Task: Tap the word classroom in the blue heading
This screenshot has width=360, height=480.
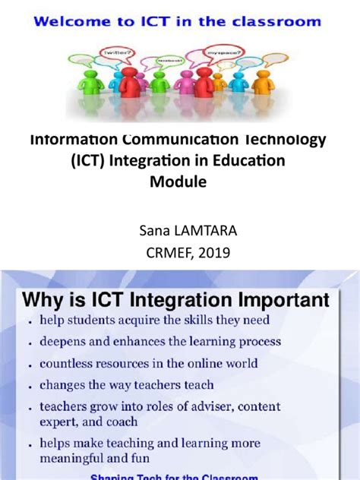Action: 280,22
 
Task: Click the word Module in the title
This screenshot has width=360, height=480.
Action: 179,182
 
